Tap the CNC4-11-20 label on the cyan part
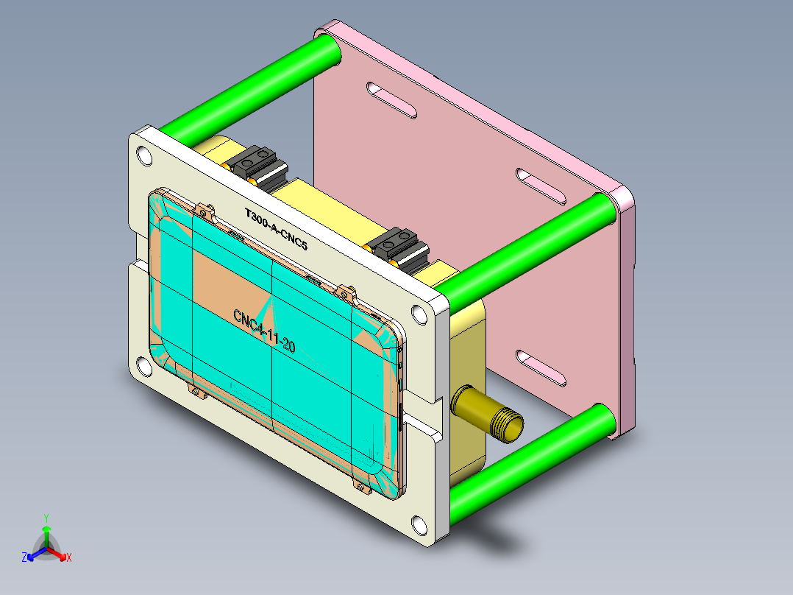tap(264, 331)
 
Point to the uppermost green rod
tap(250, 88)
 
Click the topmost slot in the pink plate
tap(392, 101)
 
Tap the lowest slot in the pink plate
tap(541, 368)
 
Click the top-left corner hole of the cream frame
tap(145, 156)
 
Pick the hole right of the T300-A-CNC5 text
tap(419, 315)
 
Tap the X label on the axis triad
tap(69, 558)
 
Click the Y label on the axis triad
tap(46, 518)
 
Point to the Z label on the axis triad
tap(24, 558)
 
